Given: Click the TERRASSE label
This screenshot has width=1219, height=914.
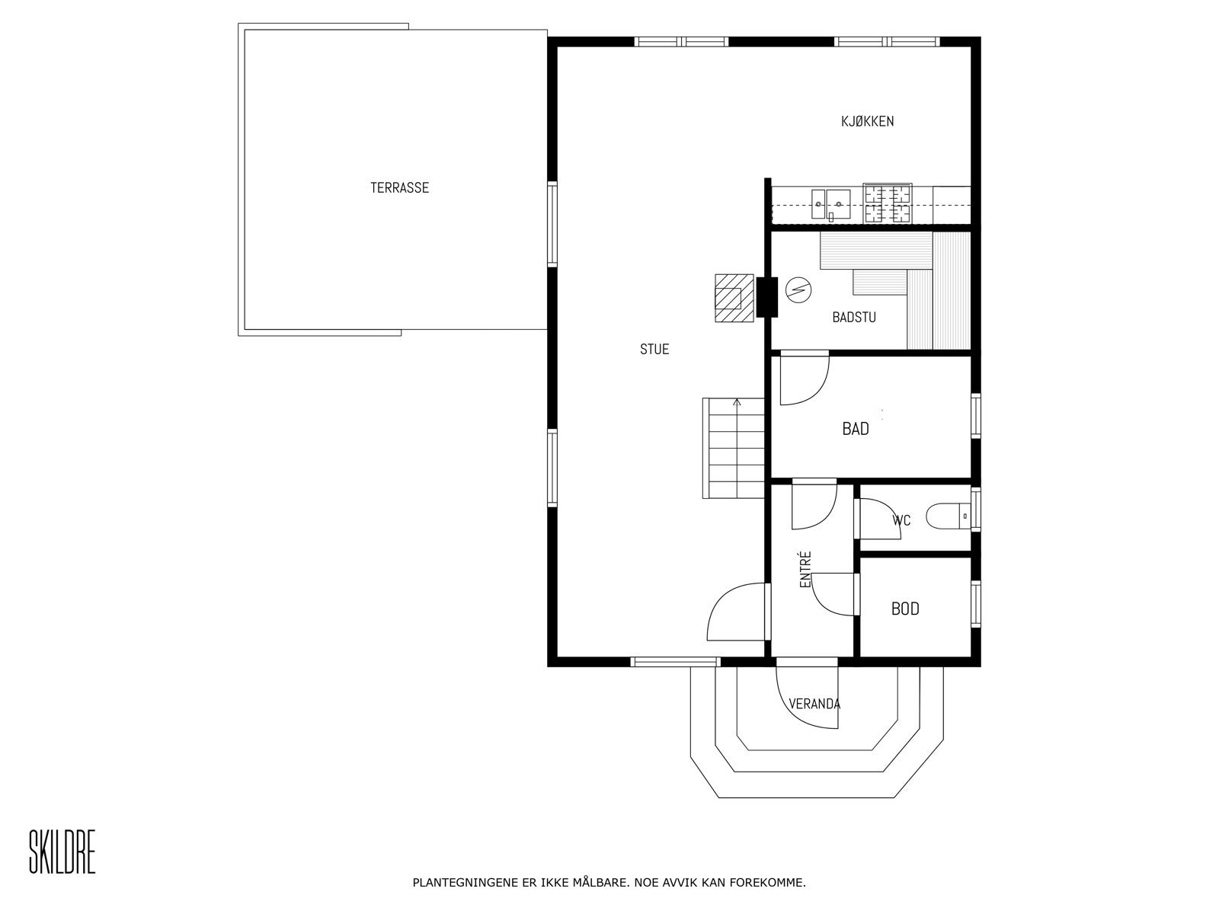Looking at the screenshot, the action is point(399,187).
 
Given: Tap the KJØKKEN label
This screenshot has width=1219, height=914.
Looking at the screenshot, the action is point(867,121).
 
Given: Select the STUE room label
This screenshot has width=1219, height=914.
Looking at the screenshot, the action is point(654,349).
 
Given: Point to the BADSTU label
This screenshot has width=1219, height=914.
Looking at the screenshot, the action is point(853,318).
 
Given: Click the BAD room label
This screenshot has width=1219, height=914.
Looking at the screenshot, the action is point(856,428).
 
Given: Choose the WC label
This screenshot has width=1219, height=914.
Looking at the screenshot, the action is point(901,520).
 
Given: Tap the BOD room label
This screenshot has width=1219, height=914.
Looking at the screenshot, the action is point(905,609).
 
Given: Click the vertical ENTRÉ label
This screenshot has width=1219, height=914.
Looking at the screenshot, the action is point(805,569).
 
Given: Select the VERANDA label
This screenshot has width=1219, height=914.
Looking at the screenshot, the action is point(814,705).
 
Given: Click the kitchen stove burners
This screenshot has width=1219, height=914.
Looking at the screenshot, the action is point(887,203).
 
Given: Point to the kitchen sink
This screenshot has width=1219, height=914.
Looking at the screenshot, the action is point(830,204).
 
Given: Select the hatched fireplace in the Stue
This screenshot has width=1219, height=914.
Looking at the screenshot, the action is point(734,298).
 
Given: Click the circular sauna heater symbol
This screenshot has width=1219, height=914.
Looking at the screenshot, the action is point(798,290).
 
